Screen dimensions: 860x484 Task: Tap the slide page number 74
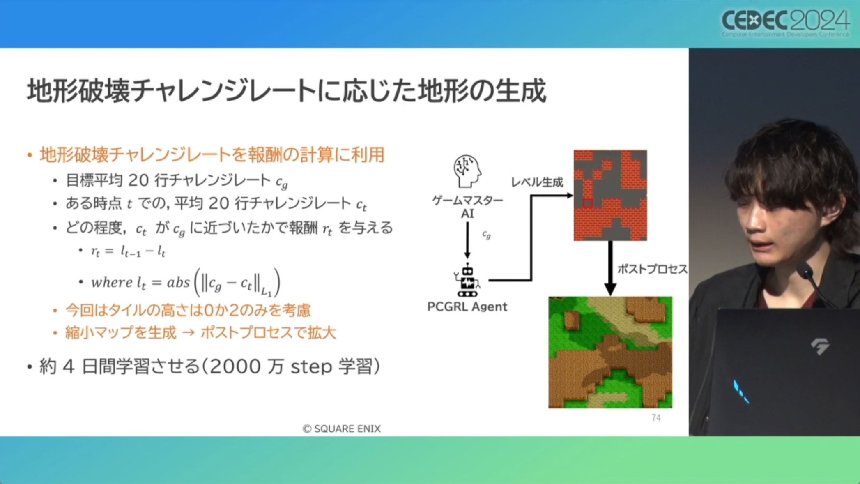tap(656, 418)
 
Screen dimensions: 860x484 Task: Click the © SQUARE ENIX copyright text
tap(342, 429)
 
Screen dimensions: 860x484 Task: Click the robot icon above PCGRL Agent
tap(467, 281)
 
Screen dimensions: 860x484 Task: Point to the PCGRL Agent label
tap(467, 307)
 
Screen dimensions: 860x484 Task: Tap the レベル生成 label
tap(537, 182)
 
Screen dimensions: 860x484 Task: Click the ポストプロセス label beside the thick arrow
tap(652, 269)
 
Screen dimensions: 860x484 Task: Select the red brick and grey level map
tap(610, 195)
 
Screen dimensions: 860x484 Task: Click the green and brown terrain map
tap(610, 352)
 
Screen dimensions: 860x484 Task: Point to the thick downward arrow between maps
tap(610, 268)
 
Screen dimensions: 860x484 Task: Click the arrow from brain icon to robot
tap(467, 240)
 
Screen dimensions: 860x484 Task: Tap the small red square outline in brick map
tap(588, 203)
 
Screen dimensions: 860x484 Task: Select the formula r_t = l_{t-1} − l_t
tap(128, 251)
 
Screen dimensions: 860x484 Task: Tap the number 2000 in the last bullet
tap(235, 366)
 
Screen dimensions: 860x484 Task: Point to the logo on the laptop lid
tap(820, 346)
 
